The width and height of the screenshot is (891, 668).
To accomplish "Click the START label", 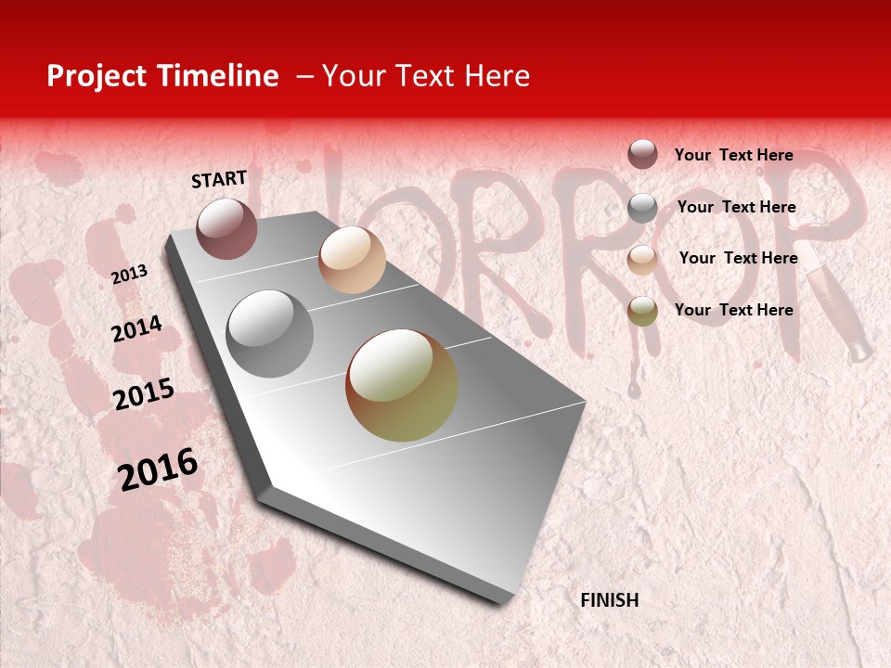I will pos(219,179).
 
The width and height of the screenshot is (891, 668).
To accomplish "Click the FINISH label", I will pos(609,600).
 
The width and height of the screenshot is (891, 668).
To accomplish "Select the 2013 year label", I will pos(129,274).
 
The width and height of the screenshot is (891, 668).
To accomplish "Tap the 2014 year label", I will pos(136,328).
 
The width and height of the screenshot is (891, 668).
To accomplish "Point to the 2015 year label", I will pos(143,394).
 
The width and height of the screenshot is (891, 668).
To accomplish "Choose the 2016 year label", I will pos(158,469).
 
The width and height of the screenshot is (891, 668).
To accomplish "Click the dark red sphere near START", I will pos(226,228).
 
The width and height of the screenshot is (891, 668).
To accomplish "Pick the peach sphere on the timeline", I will pos(352,260).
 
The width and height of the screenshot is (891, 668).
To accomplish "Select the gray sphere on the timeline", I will pos(270,334).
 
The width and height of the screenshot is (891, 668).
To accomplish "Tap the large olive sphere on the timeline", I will pos(402,385).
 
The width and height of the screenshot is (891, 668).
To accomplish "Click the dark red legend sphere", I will pos(642,155).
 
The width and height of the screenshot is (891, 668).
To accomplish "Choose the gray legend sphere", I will pos(642,208).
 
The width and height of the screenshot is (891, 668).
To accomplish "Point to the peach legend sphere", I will pos(642,260).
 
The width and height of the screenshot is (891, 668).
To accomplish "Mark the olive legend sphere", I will pos(642,311).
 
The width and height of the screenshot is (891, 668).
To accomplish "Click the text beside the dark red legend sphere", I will pos(733,155).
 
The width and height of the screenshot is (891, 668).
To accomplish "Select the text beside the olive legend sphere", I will pos(733,310).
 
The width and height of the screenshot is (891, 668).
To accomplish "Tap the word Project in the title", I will pos(97,76).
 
